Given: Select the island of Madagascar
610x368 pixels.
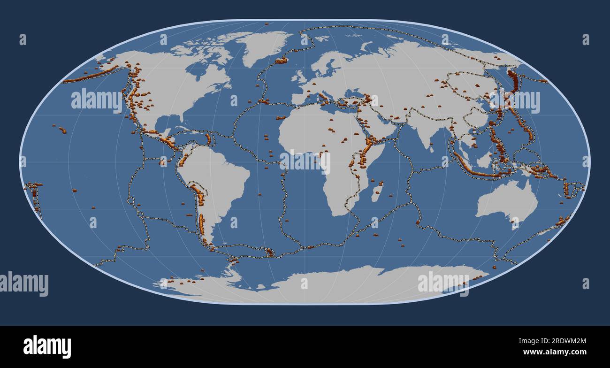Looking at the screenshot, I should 377,193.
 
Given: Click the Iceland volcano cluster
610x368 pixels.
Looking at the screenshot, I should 281,60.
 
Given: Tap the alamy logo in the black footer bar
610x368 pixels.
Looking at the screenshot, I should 47,346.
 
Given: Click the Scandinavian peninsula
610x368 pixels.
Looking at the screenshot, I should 328,63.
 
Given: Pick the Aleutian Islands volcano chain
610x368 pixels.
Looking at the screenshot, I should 91,75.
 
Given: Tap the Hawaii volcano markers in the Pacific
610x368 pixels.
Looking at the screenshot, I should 61,129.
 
